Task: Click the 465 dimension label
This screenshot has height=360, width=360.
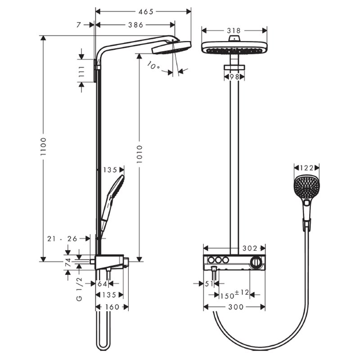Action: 146,12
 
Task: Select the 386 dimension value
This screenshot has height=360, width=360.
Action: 135,25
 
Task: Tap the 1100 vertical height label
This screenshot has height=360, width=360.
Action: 43,147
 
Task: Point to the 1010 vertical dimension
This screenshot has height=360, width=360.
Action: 139,154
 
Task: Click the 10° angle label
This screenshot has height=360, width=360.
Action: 153,65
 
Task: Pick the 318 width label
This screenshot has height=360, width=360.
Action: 234,31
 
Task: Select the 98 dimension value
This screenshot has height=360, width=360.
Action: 234,77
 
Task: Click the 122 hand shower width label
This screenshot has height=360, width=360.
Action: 306,168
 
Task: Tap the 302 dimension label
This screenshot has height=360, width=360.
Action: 250,248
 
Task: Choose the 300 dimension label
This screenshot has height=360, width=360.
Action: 236,307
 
